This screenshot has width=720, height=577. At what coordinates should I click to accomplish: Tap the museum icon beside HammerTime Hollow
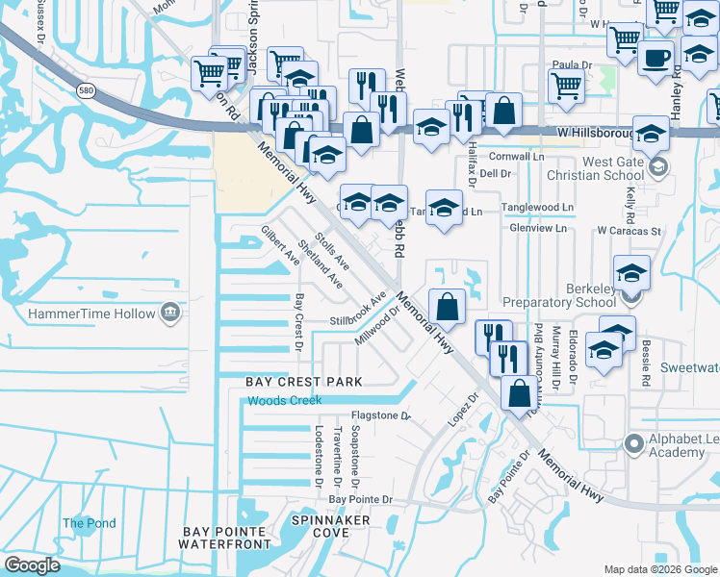coord(170,314)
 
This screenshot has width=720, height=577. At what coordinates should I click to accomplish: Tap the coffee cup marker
coord(656,57)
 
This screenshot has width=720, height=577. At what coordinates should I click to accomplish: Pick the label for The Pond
coord(90,524)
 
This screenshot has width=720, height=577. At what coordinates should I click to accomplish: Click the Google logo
coord(32,565)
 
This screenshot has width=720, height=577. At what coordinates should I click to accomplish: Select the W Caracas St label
coord(629,231)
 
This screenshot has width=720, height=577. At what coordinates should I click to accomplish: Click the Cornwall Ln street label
coord(516,156)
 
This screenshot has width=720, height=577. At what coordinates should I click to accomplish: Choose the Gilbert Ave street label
coord(280,245)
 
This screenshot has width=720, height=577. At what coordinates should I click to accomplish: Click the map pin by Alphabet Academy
coord(633,444)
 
